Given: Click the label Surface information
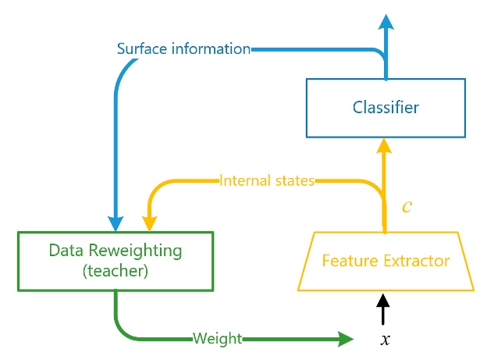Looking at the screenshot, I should click(183, 49).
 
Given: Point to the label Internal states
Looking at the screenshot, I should click(266, 181).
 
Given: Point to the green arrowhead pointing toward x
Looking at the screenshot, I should click(344, 338).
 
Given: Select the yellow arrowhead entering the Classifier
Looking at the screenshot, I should click(384, 144).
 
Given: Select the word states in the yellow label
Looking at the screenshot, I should click(293, 181).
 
